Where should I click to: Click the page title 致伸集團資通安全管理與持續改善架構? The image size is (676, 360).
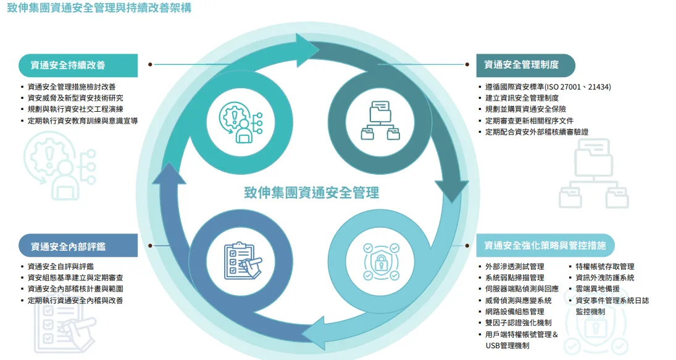click(x=99, y=9)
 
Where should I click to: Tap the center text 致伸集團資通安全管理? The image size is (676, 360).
click(x=312, y=192)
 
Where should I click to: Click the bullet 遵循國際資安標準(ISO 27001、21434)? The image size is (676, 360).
click(x=548, y=87)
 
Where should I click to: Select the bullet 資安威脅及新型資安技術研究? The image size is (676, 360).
click(x=75, y=98)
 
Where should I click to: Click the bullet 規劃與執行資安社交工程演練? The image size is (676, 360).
click(x=75, y=109)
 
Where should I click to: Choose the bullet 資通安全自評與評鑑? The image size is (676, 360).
click(x=61, y=267)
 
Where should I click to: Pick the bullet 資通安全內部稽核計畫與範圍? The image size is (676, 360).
click(x=75, y=289)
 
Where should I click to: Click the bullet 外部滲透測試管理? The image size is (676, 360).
click(x=514, y=267)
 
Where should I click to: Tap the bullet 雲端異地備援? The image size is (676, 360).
click(x=597, y=289)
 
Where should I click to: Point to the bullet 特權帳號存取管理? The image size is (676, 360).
click(x=604, y=267)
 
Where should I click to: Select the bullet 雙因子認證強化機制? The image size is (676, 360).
click(x=518, y=323)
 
